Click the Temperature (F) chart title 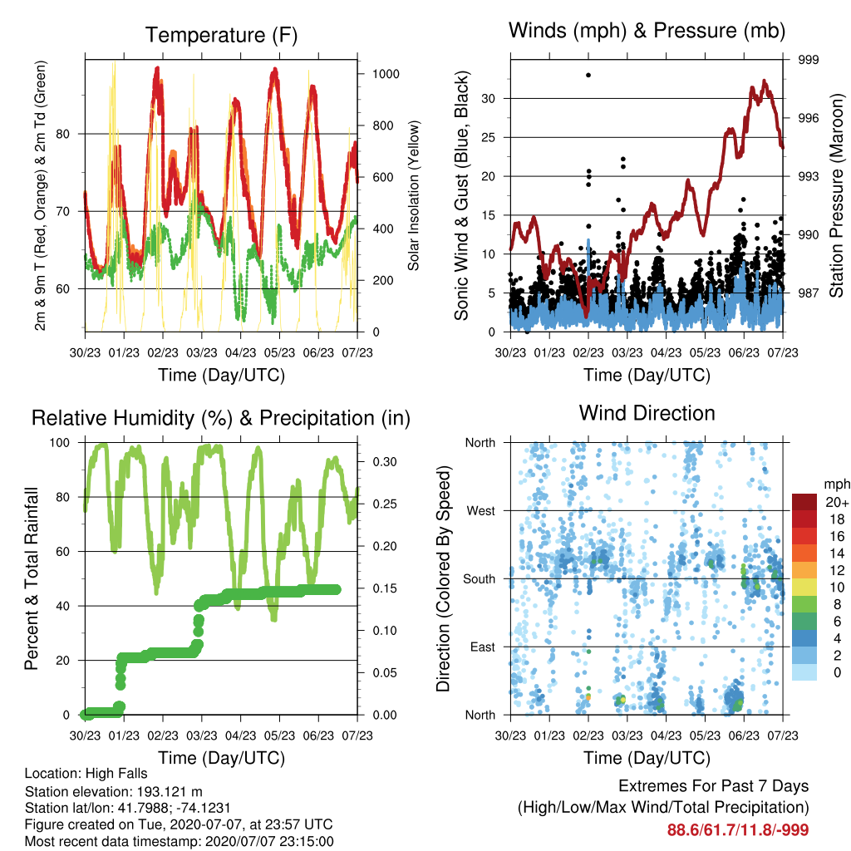tap(221, 35)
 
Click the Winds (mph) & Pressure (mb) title tap(647, 31)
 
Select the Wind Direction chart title tap(647, 413)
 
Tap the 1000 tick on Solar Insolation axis tap(386, 74)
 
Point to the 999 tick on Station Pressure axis tap(808, 60)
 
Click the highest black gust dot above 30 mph tap(588, 75)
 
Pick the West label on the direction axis tap(481, 511)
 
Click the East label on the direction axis tap(483, 647)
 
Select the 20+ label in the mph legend tap(837, 502)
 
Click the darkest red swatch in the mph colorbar tap(804, 502)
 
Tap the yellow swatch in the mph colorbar tap(804, 588)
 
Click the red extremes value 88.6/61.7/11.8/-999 tap(738, 830)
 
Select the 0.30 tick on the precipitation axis tap(385, 462)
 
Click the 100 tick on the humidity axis tap(60, 443)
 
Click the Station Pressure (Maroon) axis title tap(836, 195)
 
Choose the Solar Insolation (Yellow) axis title tap(414, 195)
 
